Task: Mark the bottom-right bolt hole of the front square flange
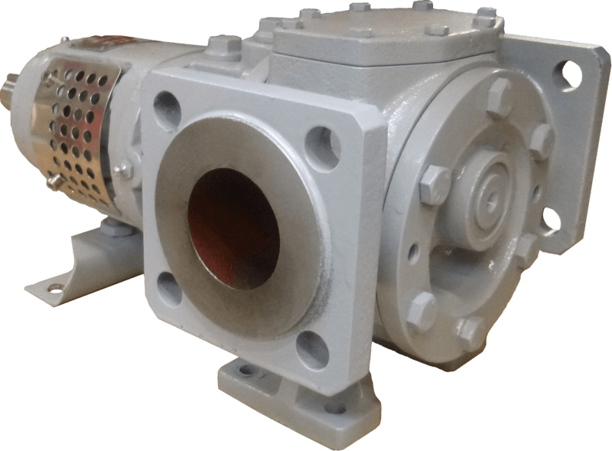click(313, 349)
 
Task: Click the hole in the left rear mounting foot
click(54, 288)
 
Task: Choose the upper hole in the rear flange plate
click(571, 74)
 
